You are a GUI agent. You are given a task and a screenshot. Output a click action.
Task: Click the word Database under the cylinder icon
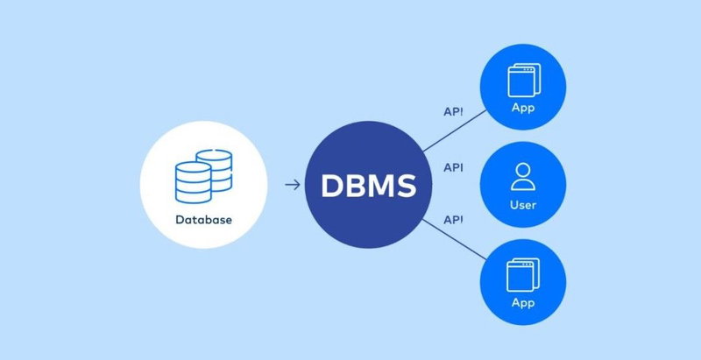coord(202,220)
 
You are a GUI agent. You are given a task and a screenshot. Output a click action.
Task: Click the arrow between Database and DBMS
coord(294,186)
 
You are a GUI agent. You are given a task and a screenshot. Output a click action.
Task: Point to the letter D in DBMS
coord(334,187)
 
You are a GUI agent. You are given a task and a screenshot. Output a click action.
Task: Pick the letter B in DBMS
coord(359,187)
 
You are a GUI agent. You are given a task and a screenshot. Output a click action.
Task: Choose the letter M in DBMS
coord(387,187)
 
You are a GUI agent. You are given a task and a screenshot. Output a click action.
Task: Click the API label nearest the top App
coord(453,113)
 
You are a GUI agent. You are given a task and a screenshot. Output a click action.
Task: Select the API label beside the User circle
coord(453,166)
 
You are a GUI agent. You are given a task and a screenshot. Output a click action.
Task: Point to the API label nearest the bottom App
coord(453,219)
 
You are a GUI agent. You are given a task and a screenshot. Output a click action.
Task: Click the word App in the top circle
coord(522,109)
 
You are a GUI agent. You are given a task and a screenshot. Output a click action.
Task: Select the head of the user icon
coord(522,171)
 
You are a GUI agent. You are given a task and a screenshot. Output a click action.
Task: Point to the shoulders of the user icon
coord(522,186)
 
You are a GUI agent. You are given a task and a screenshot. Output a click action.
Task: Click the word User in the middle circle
coord(522,206)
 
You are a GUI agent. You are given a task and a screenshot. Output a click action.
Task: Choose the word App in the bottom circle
coord(522,303)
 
